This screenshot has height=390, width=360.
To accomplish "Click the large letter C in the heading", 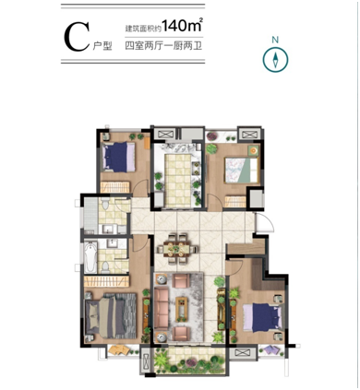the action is pyautogui.click(x=77, y=38).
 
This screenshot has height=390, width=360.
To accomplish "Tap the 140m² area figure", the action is pyautogui.click(x=182, y=26).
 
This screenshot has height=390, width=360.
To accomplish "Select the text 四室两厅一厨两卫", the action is pyautogui.click(x=163, y=46).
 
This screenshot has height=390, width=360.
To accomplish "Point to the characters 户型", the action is pyautogui.click(x=102, y=46).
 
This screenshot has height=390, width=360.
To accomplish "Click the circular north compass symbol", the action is pyautogui.click(x=275, y=59).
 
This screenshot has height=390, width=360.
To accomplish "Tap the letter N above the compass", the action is pyautogui.click(x=275, y=40).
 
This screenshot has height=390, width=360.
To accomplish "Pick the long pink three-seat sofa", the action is pyautogui.click(x=162, y=308).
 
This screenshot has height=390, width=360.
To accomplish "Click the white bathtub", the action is pyautogui.click(x=90, y=257).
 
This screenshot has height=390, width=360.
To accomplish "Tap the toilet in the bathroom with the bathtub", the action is pyautogui.click(x=105, y=267).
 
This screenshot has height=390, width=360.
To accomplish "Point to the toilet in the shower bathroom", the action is pyautogui.click(x=105, y=204).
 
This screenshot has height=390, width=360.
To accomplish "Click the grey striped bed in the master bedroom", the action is pyautogui.click(x=111, y=315).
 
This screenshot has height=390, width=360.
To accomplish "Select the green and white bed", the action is pyautogui.click(x=242, y=170).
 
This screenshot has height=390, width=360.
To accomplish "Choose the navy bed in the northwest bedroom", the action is pyautogui.click(x=118, y=157).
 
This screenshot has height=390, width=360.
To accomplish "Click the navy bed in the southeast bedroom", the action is pyautogui.click(x=263, y=317).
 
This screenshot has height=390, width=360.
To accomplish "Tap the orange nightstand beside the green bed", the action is pyautogui.click(x=254, y=150).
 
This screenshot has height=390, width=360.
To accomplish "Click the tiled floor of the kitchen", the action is pyautogui.click(x=177, y=180).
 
